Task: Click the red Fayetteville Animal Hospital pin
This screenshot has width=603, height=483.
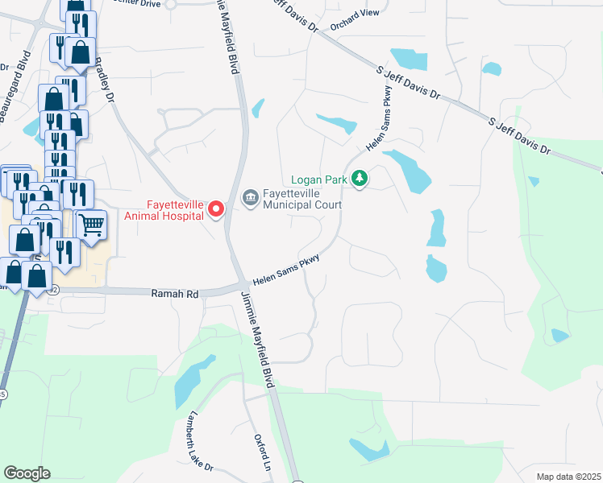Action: [216, 209]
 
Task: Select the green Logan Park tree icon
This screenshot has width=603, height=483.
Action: [360, 180]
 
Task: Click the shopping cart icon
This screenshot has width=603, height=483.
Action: [93, 225]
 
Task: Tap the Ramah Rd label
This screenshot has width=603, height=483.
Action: [175, 295]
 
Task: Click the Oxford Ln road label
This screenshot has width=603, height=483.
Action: [262, 455]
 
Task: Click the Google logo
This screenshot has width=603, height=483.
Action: [27, 473]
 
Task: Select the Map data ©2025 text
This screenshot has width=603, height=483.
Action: [568, 477]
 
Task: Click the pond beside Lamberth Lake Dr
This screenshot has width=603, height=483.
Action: [189, 383]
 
